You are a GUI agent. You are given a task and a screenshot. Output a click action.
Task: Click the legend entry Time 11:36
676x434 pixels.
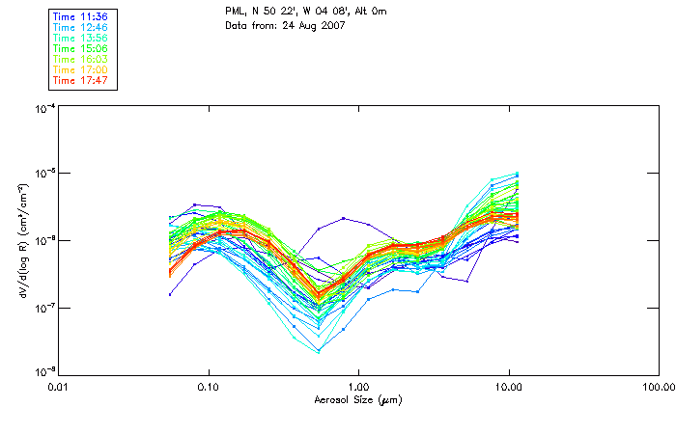[80, 16]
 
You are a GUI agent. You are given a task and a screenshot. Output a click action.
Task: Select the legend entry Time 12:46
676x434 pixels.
[80, 27]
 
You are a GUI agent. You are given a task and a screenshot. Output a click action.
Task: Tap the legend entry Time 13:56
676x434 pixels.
[80, 38]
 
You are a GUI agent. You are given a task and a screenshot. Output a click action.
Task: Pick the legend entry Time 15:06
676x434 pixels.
[80, 48]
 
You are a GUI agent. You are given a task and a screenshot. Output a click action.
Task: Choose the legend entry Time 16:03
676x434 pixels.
[80, 59]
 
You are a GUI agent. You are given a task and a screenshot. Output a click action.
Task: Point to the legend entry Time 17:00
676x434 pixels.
[80, 69]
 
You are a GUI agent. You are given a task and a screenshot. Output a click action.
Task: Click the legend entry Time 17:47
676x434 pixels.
[80, 80]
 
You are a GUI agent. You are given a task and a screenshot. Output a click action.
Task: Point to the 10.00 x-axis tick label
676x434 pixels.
[509, 387]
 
